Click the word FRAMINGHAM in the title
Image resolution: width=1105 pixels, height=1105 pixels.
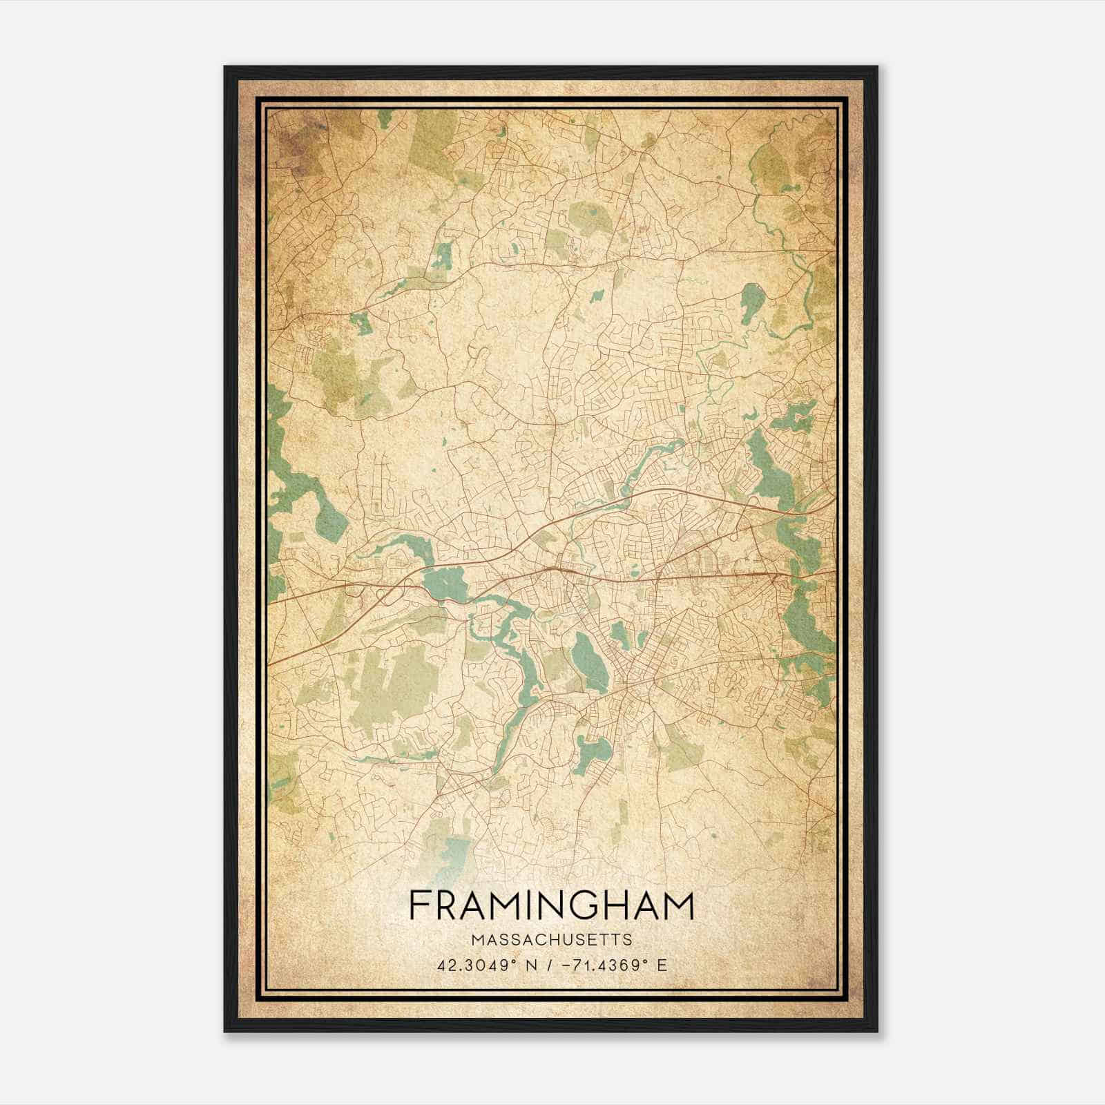551,905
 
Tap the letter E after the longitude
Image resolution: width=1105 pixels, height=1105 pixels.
662,965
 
